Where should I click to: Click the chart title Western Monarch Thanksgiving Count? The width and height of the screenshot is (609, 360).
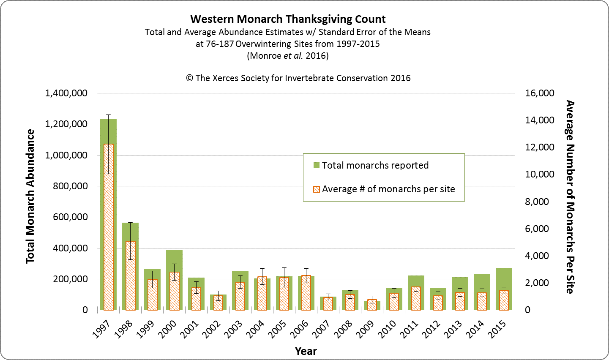pyautogui.click(x=288, y=19)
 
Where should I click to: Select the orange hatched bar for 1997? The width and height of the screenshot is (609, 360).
pyautogui.click(x=108, y=228)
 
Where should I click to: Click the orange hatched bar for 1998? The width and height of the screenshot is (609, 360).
pyautogui.click(x=130, y=275)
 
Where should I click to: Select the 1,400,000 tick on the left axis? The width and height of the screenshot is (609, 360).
pyautogui.click(x=66, y=93)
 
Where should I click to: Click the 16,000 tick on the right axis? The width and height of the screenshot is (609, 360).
pyautogui.click(x=539, y=93)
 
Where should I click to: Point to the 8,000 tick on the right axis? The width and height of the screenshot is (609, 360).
pyautogui.click(x=537, y=202)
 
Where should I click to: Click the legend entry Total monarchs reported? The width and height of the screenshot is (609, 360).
pyautogui.click(x=375, y=165)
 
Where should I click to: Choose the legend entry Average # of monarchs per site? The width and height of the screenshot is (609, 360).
pyautogui.click(x=388, y=189)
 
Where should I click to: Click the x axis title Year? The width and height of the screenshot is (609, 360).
pyautogui.click(x=306, y=351)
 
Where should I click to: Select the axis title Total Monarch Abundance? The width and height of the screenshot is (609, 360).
pyautogui.click(x=30, y=196)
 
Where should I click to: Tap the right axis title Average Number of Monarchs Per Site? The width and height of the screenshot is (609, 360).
pyautogui.click(x=570, y=196)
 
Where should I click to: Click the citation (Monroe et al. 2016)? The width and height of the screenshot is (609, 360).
pyautogui.click(x=288, y=56)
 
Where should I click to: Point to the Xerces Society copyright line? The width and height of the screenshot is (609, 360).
pyautogui.click(x=298, y=78)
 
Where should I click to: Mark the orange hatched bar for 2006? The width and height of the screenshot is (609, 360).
pyautogui.click(x=306, y=293)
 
